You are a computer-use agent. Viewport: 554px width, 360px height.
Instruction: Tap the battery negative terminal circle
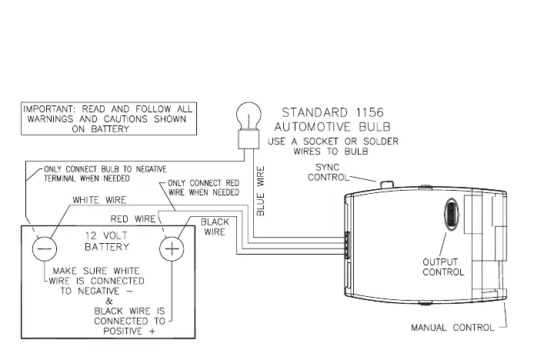click(x=44, y=248)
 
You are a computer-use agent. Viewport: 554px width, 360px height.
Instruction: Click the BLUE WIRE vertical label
click(x=261, y=189)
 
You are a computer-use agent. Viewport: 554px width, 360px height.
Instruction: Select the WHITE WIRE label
click(x=98, y=200)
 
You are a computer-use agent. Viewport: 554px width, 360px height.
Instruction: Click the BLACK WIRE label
click(x=215, y=227)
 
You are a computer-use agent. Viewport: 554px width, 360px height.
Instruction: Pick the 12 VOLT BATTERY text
click(x=107, y=242)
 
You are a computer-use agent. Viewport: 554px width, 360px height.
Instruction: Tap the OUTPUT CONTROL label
click(x=443, y=267)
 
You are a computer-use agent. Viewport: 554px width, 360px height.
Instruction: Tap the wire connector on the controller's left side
click(x=346, y=246)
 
